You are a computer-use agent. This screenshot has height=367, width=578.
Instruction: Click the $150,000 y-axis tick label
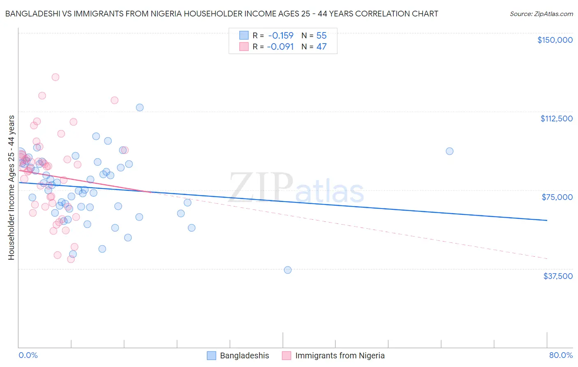pyautogui.click(x=555, y=40)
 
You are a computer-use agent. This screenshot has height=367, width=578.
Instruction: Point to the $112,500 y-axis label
pyautogui.click(x=556, y=118)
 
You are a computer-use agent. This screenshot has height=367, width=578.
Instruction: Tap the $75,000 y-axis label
pyautogui.click(x=557, y=197)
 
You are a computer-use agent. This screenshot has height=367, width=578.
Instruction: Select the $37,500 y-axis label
pyautogui.click(x=558, y=276)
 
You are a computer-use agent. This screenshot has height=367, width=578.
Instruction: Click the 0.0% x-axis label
pyautogui.click(x=28, y=355)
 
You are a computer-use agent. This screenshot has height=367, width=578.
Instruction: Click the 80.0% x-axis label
pyautogui.click(x=561, y=355)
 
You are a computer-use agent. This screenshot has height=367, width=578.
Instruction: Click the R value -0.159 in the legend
pyautogui.click(x=280, y=35)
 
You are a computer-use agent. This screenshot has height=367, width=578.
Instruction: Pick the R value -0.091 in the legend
pyautogui.click(x=280, y=46)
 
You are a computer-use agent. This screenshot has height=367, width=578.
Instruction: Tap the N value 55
pyautogui.click(x=321, y=35)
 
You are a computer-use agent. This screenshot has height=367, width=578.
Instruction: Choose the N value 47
pyautogui.click(x=321, y=46)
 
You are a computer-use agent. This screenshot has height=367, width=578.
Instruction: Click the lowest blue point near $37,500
pyautogui.click(x=288, y=270)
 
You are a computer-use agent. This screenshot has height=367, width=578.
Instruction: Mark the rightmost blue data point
pyautogui.click(x=450, y=151)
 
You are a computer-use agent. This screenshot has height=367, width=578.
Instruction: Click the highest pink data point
pyautogui.click(x=55, y=77)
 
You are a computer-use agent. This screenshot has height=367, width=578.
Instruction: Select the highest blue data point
pyautogui.click(x=140, y=107)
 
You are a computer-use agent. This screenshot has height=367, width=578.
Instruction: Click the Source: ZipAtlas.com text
pyautogui.click(x=541, y=14)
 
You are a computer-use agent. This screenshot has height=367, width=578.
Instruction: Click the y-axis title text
pyautogui.click(x=11, y=188)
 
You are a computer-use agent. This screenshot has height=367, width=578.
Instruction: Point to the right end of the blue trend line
pyautogui.click(x=547, y=220)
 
